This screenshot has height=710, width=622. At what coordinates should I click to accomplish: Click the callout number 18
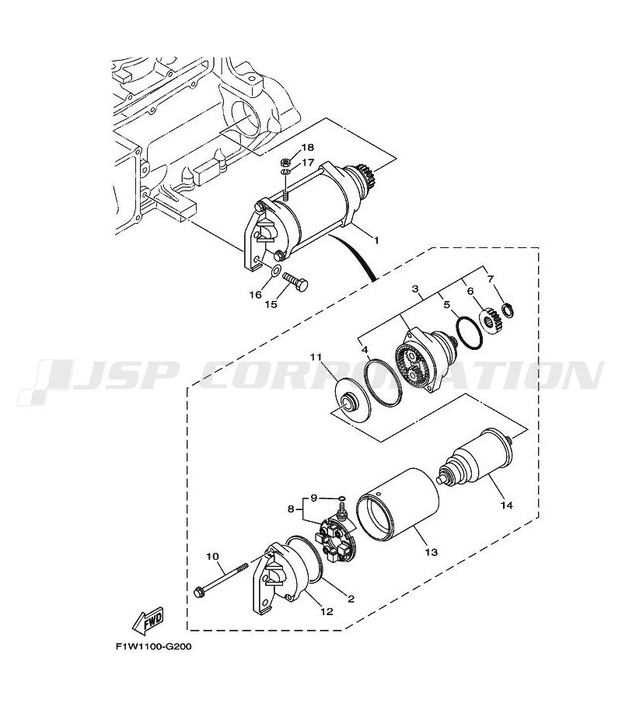point(307,147)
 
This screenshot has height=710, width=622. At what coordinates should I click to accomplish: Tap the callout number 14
point(507,505)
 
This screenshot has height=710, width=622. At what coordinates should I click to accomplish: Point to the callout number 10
point(213,556)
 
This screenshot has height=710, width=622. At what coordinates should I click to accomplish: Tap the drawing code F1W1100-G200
point(153,646)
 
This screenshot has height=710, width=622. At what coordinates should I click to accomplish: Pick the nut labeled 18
point(285,161)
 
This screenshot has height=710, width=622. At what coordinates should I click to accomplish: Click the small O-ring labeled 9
point(342,499)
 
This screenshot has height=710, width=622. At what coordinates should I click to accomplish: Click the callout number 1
point(376,240)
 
